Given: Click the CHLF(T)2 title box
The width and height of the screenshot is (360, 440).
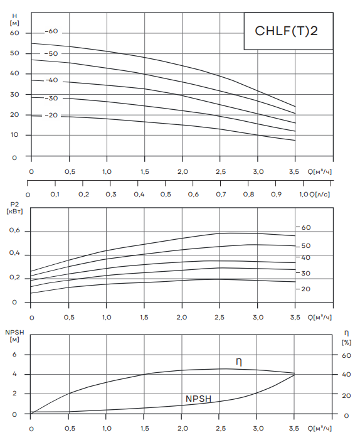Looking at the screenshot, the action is point(289,31).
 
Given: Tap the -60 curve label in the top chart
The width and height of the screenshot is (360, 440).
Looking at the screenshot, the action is point(51,31).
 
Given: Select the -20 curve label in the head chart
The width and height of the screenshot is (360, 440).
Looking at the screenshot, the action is point(51,115).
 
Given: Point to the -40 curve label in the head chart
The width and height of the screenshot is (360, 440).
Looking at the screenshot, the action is point(51,80).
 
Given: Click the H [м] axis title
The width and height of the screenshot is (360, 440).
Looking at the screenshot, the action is point(14,19).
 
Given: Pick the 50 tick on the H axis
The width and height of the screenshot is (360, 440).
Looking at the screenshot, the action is point(14,53).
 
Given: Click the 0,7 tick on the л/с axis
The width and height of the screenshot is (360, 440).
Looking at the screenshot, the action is point(221,194).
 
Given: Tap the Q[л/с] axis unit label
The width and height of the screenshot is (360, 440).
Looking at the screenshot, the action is point(319,194).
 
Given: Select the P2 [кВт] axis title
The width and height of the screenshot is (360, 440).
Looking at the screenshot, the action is point(14,208).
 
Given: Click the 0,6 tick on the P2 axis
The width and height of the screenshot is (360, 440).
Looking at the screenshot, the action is point(14,230).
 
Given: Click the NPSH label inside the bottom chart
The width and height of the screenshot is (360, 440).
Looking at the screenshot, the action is point(199,399).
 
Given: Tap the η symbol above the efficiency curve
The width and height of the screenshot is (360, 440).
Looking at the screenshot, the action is point(238,362).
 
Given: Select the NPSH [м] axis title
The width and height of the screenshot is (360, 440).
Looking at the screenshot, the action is point(14,336).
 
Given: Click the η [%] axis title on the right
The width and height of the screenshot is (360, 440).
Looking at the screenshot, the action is point(347,338).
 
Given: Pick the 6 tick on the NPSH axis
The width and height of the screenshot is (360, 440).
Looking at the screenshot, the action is point(14,355).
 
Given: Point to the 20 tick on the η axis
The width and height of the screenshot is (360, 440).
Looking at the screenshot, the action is point(347,395).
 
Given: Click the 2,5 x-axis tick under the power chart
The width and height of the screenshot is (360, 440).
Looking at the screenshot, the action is point(220,318).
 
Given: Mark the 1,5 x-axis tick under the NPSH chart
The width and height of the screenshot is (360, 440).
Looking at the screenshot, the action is point(144,429).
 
